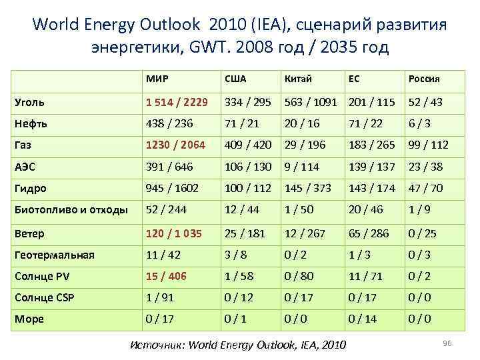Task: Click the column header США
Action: (235, 79)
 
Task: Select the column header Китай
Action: (297, 79)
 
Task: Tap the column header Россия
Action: (424, 79)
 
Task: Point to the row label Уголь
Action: (30, 102)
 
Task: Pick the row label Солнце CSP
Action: (43, 297)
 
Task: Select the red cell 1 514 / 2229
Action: (177, 102)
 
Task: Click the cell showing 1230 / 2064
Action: (176, 145)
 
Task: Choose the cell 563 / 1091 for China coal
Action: (311, 102)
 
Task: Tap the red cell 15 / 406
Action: (167, 275)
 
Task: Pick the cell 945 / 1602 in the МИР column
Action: (173, 188)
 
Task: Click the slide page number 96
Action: (447, 343)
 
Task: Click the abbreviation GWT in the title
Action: (221, 48)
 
